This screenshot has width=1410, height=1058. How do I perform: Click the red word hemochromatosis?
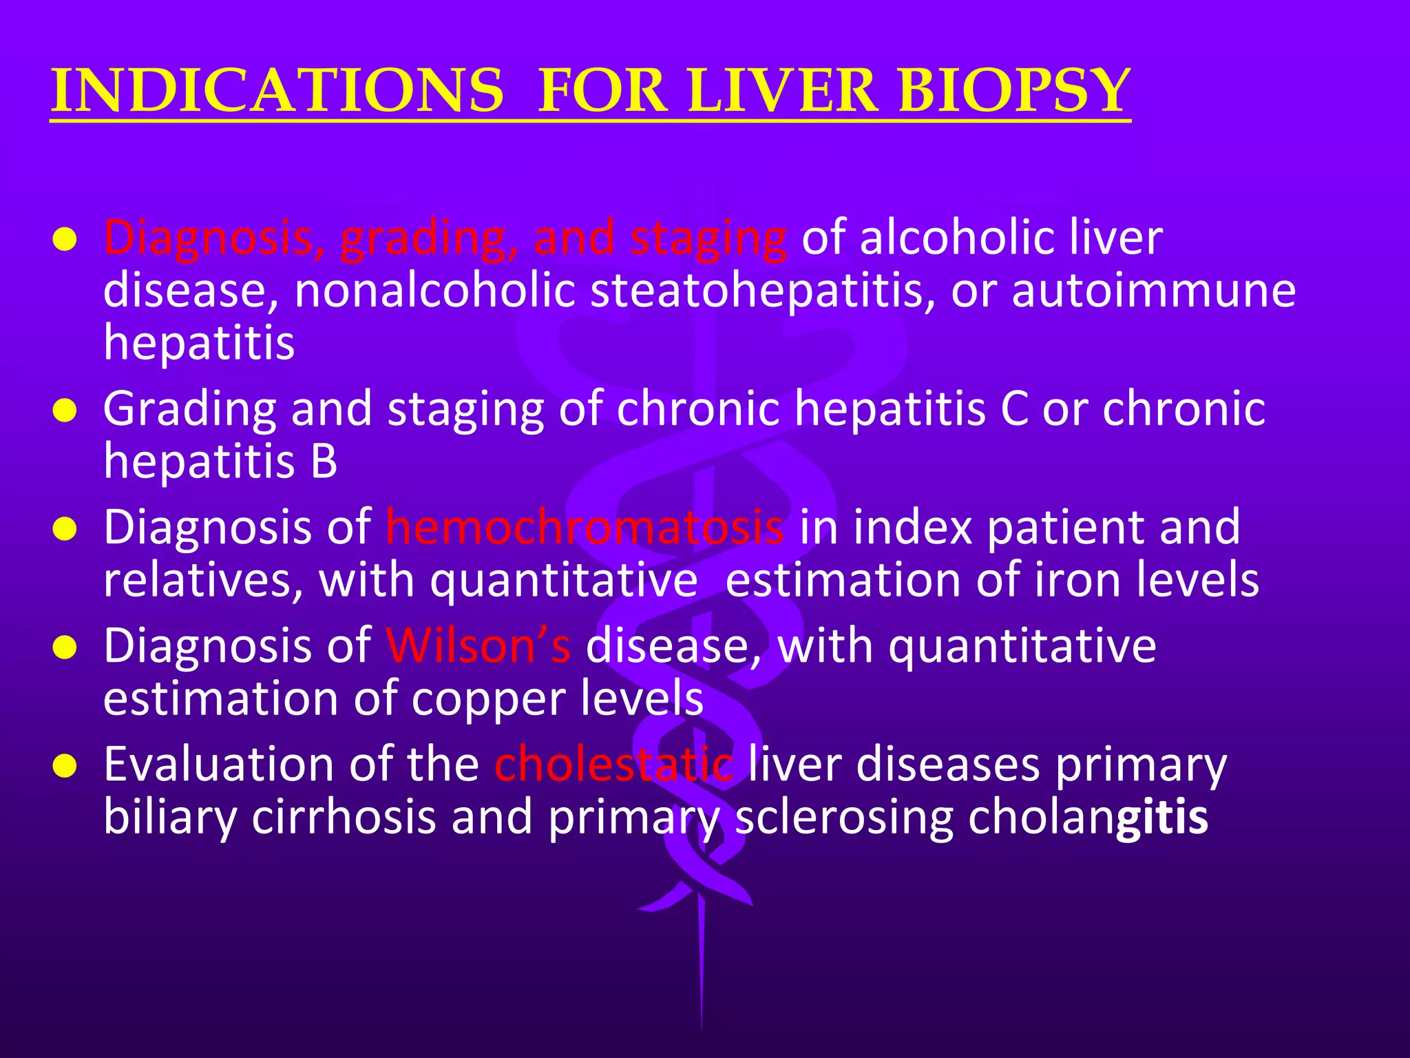pyautogui.click(x=585, y=527)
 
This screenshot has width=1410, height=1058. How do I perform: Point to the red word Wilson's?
pyautogui.click(x=478, y=645)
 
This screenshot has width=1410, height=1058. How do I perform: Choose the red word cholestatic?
pyautogui.click(x=613, y=764)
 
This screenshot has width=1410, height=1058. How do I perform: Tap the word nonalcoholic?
pyautogui.click(x=434, y=290)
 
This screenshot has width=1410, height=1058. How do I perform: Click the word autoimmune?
pyautogui.click(x=1153, y=290)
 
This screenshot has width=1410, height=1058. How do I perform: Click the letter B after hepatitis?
pyautogui.click(x=324, y=461)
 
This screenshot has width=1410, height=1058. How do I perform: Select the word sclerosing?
pyautogui.click(x=843, y=817)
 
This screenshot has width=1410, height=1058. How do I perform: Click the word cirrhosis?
pyautogui.click(x=344, y=817)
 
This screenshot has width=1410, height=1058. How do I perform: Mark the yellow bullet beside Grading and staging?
pyautogui.click(x=64, y=411)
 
